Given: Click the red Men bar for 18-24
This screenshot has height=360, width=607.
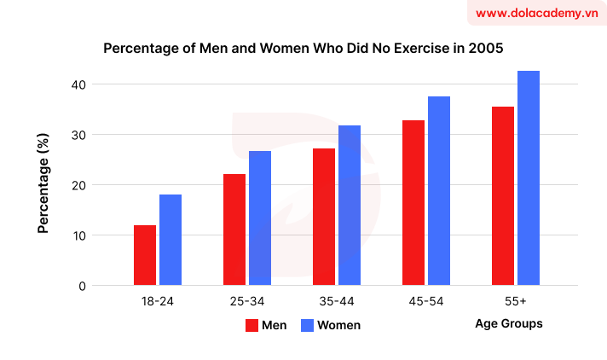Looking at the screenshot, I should click(145, 255).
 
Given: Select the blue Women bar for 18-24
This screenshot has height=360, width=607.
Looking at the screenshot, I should click(171, 240).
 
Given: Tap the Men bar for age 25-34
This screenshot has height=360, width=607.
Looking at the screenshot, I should click(234, 229).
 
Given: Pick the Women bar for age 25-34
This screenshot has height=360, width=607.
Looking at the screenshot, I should click(260, 218).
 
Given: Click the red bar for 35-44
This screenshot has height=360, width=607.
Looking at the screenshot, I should click(324, 217).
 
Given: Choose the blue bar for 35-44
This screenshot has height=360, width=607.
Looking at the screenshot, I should click(350, 206).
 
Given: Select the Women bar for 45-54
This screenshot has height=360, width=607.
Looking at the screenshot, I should click(439, 191).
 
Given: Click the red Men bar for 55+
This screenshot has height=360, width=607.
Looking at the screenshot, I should click(503, 196).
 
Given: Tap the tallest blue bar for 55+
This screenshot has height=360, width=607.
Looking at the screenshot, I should click(529, 178).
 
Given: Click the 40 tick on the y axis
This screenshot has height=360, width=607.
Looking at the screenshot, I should click(78, 84).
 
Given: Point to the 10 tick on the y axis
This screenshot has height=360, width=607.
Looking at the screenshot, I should click(78, 235).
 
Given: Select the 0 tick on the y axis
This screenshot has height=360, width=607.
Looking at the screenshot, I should click(82, 286).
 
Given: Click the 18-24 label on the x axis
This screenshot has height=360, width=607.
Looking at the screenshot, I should click(158, 302).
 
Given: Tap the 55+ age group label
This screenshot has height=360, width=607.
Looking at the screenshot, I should click(515, 302).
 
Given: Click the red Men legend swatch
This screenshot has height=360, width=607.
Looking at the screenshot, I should click(251, 325).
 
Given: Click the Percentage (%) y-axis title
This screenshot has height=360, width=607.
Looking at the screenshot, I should click(43, 185).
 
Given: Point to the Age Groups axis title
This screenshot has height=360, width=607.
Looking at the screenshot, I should click(508, 324).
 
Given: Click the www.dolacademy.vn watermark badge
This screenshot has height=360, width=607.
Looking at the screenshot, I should click(536, 14).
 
